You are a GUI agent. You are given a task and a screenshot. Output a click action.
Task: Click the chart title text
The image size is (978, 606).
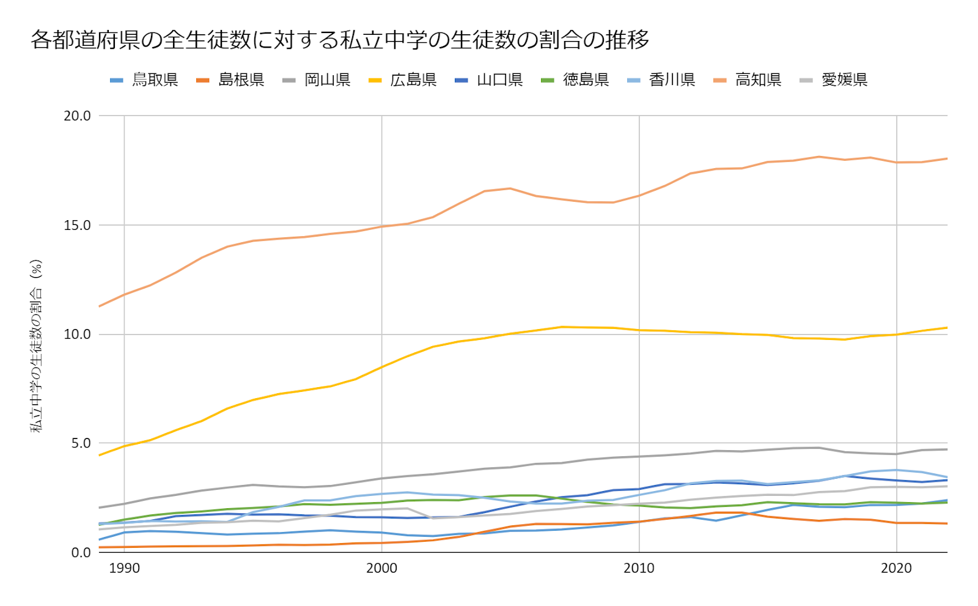pos(340,40)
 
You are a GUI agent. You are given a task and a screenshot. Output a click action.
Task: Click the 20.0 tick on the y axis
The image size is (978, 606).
pos(77,116)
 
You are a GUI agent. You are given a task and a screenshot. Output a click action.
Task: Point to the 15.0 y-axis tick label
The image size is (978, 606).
pos(77,225)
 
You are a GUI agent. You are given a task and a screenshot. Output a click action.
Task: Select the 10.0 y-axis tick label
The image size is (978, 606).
pos(77,334)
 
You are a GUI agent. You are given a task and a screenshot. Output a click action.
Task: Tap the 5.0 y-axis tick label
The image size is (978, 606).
pos(80,443)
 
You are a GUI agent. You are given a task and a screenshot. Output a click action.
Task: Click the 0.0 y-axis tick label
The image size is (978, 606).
pos(80,552)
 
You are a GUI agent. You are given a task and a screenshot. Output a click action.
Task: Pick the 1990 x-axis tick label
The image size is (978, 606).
pos(124,569)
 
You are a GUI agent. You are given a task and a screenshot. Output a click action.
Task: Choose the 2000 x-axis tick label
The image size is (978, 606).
pos(381,569)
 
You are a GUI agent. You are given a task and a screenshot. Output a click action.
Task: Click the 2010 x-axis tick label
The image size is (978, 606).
pos(639,569)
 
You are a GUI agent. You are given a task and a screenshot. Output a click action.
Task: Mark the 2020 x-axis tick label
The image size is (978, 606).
pos(896,569)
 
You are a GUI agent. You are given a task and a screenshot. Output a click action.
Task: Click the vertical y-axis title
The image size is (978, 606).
pos(37,346)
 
